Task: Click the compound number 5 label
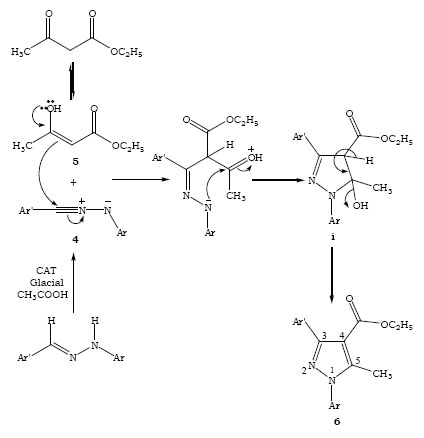click(x=75, y=162)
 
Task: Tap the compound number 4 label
click(x=76, y=239)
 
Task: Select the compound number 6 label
click(x=337, y=422)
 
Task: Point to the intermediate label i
click(x=333, y=237)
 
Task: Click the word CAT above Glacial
click(x=46, y=270)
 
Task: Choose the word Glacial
click(x=46, y=283)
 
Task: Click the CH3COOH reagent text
click(x=43, y=295)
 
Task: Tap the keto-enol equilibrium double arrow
click(x=71, y=82)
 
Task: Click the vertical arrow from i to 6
click(x=332, y=275)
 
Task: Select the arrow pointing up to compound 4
click(x=74, y=283)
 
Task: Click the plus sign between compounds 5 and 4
click(x=74, y=182)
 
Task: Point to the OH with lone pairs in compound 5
click(x=53, y=107)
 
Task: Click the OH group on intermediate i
click(x=360, y=205)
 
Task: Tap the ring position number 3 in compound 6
click(x=324, y=335)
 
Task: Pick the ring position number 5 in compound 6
click(x=358, y=361)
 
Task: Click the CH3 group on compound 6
click(x=382, y=374)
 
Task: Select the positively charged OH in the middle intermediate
click(x=255, y=155)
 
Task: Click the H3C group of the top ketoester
click(x=21, y=52)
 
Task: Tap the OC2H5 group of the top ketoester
click(x=126, y=52)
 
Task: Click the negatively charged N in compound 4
click(x=107, y=208)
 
